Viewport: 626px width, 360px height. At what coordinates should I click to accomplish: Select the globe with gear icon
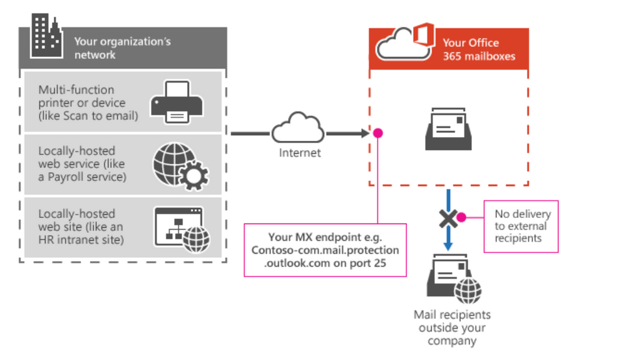click(x=180, y=165)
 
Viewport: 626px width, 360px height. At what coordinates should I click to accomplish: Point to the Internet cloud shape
click(x=297, y=129)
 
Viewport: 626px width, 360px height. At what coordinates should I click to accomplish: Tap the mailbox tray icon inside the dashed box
click(x=448, y=130)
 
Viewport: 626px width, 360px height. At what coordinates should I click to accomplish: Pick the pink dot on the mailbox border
click(x=378, y=133)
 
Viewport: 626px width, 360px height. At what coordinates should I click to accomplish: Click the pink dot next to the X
click(x=461, y=217)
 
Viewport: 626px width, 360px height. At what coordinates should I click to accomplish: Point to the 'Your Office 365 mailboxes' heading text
click(x=479, y=49)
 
